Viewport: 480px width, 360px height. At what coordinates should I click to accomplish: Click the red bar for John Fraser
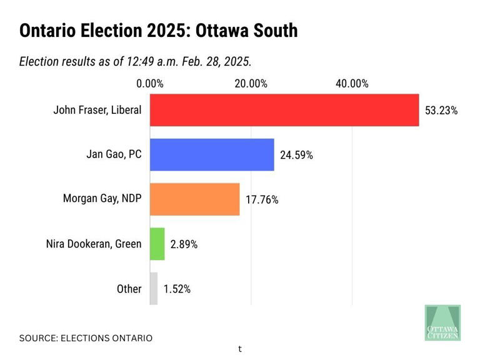284,110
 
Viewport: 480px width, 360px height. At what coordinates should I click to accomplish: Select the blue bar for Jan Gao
212,154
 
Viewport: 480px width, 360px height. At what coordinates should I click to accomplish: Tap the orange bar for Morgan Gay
194,199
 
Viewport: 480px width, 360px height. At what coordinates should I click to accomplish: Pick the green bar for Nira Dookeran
157,244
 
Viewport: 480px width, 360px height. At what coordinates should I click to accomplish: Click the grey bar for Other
154,289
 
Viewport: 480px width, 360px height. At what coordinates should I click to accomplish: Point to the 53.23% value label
441,111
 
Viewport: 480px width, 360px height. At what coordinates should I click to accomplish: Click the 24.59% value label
296,155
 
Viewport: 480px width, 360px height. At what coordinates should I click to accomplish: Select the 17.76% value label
261,200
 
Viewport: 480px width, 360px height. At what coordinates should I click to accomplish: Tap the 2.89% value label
184,244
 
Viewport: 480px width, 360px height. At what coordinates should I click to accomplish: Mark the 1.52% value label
177,289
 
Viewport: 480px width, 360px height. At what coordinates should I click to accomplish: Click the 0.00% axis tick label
150,84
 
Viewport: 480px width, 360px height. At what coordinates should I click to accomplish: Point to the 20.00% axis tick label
251,84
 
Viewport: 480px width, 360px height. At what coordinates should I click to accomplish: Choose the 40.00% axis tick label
352,84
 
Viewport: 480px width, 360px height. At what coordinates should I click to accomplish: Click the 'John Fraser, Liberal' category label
97,110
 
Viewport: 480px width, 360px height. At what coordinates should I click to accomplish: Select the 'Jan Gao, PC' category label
114,154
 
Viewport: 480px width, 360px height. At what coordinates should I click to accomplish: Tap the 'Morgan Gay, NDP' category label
102,199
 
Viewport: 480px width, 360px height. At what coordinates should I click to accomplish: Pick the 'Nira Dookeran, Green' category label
94,244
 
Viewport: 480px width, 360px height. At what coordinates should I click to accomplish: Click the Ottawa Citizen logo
442,322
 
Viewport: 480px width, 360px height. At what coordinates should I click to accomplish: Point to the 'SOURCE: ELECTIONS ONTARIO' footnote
86,338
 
